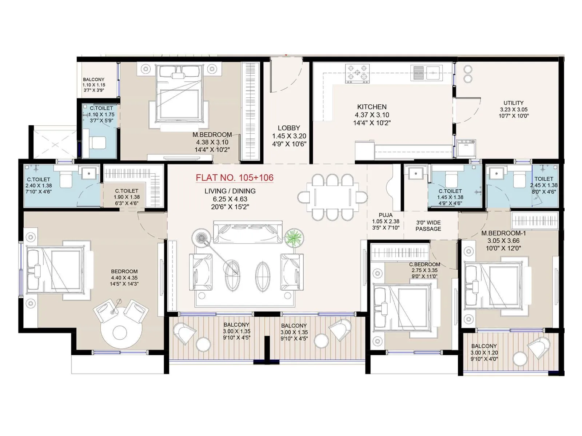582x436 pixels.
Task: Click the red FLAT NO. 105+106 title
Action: click(x=235, y=178)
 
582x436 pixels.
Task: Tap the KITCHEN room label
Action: click(x=372, y=107)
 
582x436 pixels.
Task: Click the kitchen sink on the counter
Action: click(x=426, y=73)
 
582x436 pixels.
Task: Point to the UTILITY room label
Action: click(x=513, y=103)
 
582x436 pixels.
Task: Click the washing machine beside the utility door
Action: click(x=466, y=148)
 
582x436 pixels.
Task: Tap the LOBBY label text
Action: click(x=289, y=128)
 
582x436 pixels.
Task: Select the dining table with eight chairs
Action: click(x=332, y=197)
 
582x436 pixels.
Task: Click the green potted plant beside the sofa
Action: click(x=294, y=239)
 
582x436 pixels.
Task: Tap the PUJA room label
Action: click(x=385, y=215)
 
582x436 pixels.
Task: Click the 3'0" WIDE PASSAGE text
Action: click(x=428, y=226)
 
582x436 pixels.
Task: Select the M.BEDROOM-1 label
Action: click(x=503, y=233)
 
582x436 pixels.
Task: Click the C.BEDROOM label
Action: click(x=424, y=265)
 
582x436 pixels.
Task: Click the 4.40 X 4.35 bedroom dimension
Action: click(x=124, y=278)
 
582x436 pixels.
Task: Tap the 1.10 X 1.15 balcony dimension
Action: click(x=93, y=85)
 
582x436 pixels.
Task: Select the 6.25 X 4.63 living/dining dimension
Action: click(x=230, y=199)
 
